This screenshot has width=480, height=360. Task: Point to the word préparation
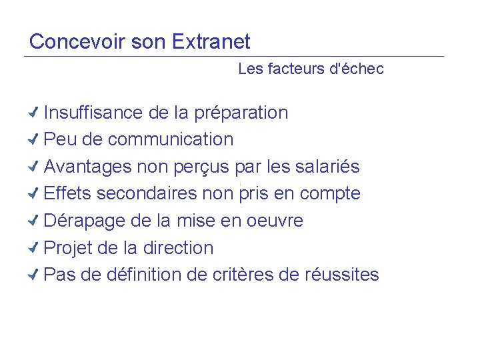point(241,113)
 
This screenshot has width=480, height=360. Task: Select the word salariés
point(327,167)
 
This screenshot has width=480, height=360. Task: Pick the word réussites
point(345,275)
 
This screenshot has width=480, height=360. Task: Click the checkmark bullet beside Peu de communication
point(35,139)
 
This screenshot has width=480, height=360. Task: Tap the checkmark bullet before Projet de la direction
point(35,248)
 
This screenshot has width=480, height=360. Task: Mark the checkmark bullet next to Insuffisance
point(35,112)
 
